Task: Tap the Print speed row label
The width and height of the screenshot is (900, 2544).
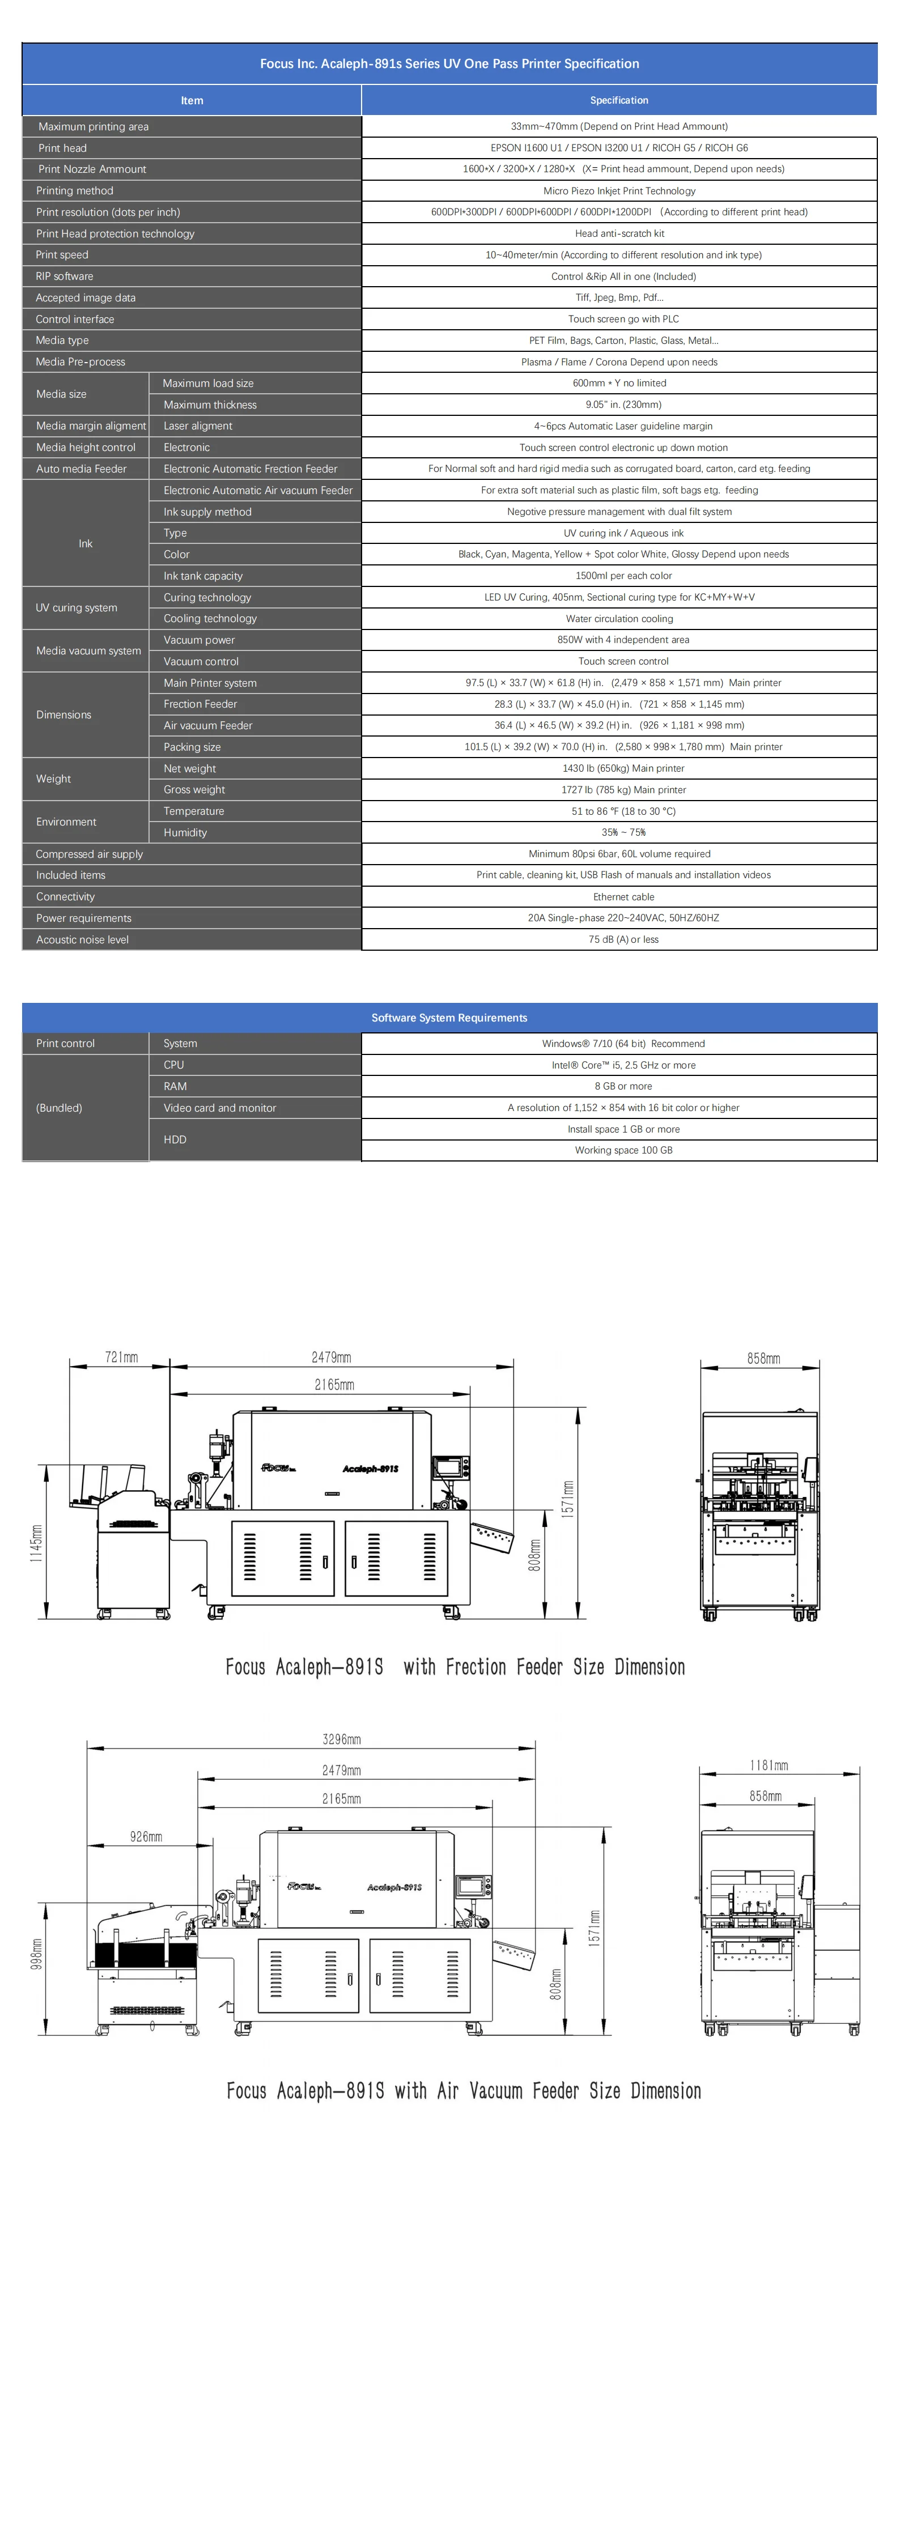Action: pyautogui.click(x=62, y=255)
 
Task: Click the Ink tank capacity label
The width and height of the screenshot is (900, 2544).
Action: pyautogui.click(x=202, y=576)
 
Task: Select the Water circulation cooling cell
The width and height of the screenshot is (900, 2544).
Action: pyautogui.click(x=619, y=618)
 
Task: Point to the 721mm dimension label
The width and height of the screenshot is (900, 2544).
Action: pyautogui.click(x=121, y=1357)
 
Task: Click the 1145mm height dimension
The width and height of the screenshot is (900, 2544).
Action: pyautogui.click(x=36, y=1543)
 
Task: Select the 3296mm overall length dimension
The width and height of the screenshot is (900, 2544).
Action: pyautogui.click(x=342, y=1739)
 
